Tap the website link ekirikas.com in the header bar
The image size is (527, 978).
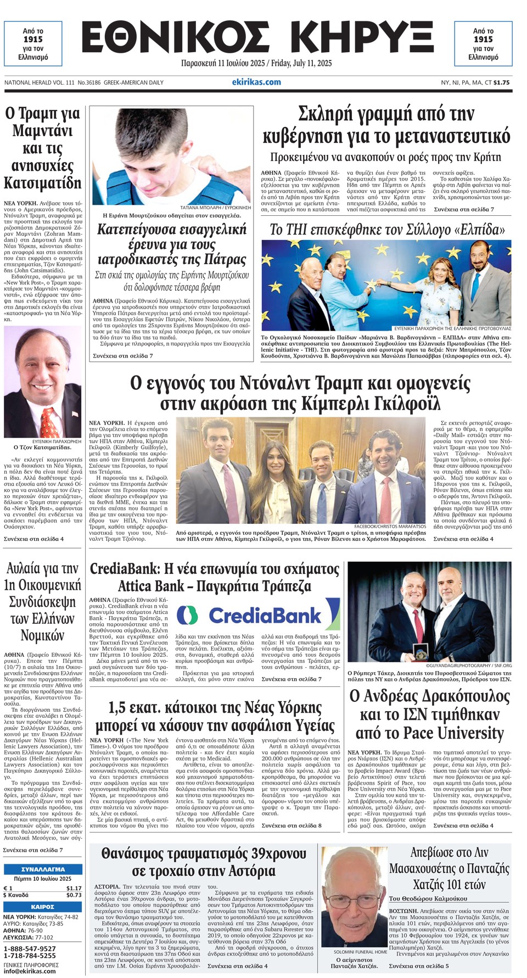[256, 82]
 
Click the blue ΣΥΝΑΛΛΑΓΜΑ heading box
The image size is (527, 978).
[42, 869]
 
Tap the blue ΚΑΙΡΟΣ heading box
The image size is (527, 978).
[42, 907]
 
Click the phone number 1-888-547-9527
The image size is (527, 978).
[30, 948]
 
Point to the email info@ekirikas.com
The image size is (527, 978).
[30, 971]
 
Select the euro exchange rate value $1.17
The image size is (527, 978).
[74, 888]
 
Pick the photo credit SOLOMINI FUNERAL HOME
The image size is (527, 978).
[360, 952]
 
